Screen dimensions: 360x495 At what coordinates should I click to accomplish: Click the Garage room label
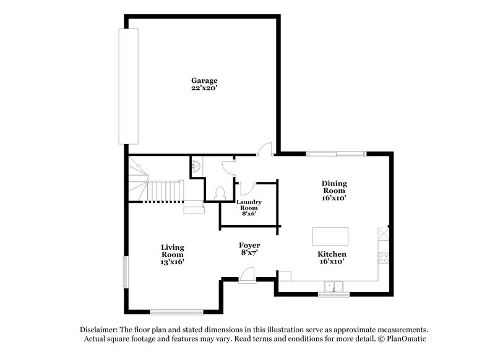coord(204,81)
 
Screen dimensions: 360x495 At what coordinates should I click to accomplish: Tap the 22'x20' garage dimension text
coord(204,89)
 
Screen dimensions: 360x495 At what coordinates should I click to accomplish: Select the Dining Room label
coord(334,187)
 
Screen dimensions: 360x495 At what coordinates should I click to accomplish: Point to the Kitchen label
coord(332,254)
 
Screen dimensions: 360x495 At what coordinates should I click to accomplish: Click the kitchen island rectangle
coord(331,236)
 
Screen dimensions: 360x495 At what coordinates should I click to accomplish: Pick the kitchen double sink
coord(334,286)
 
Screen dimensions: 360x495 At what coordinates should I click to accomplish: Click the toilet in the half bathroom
coord(219,193)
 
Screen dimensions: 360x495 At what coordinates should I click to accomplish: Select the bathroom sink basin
coord(196,165)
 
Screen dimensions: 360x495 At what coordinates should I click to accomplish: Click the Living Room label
coord(173,251)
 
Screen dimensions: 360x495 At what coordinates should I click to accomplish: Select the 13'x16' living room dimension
coord(173,262)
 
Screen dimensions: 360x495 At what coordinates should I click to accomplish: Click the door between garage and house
coord(265,150)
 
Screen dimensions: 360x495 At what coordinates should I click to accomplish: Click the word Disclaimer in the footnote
coord(98,330)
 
